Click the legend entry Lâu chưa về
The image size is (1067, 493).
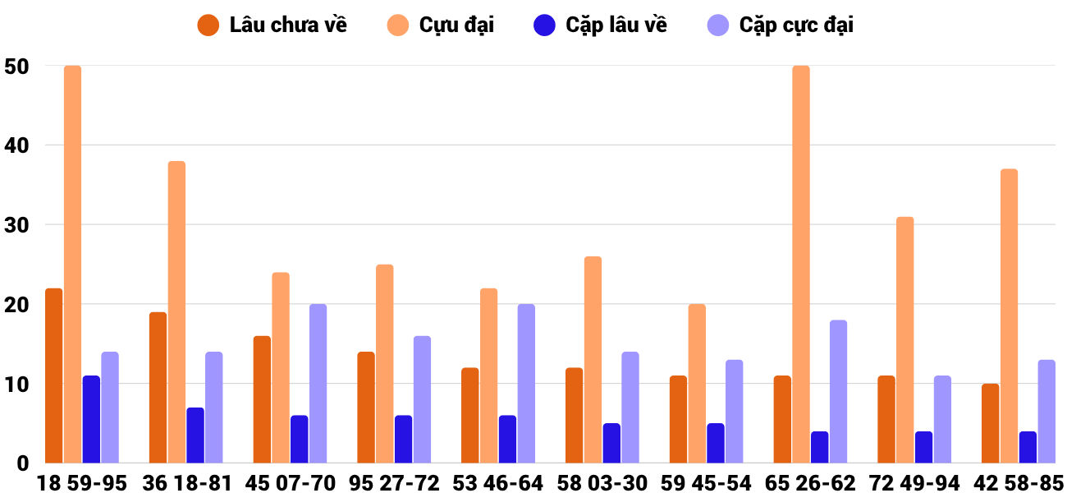[272, 25]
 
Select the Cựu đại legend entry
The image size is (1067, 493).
[440, 25]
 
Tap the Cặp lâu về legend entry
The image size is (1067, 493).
[600, 25]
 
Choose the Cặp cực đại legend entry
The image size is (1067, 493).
[781, 25]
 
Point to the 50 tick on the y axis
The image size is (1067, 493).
[16, 67]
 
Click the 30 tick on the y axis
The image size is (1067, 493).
[16, 225]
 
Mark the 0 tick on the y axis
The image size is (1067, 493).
[22, 463]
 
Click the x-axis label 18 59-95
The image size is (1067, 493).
[82, 482]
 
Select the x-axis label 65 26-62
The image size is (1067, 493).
[810, 482]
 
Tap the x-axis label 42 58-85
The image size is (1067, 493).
[1019, 482]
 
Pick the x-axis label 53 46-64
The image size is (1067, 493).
[497, 482]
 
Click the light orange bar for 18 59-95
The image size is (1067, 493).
[73, 264]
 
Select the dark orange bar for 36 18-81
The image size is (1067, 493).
[158, 388]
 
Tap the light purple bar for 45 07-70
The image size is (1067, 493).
[318, 384]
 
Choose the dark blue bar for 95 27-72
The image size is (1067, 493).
[404, 439]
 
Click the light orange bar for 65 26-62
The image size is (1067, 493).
[801, 264]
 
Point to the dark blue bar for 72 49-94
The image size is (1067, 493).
[923, 447]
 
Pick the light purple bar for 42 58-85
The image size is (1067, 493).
[1046, 412]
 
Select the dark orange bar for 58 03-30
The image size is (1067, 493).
[574, 415]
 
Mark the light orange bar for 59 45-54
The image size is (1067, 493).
[697, 384]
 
